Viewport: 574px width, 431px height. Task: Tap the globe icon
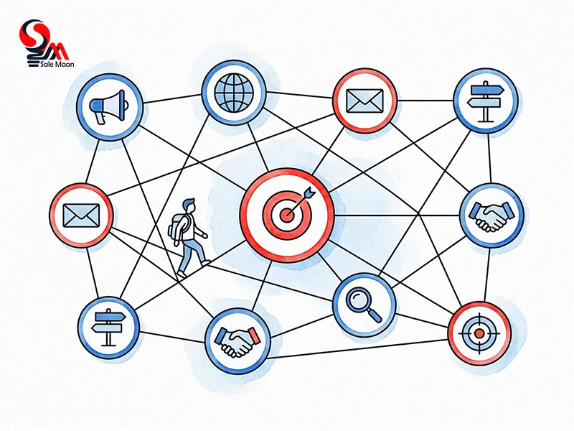point(234,93)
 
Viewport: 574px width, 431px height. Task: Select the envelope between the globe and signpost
point(364,101)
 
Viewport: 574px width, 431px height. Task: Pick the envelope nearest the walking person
point(81,215)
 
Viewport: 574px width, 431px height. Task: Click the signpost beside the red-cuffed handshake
point(108,328)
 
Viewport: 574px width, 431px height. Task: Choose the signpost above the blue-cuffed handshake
point(486,101)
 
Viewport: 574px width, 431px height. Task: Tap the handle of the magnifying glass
point(375,315)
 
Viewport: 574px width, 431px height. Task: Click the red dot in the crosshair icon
point(479,333)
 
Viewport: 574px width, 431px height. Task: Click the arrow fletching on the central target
point(310,192)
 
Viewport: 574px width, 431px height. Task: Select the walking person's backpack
point(177,228)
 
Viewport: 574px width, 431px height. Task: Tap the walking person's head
point(189,205)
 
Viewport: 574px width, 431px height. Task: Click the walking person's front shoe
point(206,262)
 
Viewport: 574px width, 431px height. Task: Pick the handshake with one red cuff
point(238,342)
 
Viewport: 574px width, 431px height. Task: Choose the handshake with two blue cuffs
point(492,216)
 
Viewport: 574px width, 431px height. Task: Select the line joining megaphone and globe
point(172,98)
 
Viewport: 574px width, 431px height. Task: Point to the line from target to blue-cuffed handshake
point(397,215)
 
